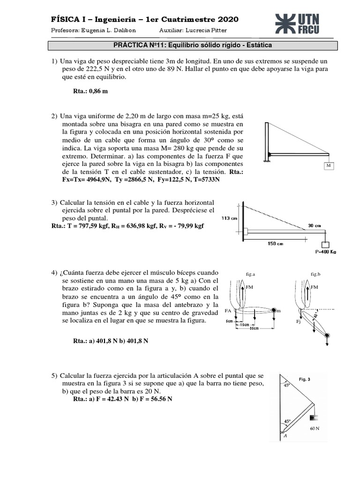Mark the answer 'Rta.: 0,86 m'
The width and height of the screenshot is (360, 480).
pos(90,91)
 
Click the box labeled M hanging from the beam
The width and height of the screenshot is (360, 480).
pos(328,166)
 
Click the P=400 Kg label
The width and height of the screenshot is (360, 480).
pos(323,252)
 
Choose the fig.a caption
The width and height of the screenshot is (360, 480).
pos(249,273)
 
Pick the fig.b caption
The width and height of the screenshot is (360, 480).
pos(315,273)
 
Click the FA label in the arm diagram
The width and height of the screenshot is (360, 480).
pos(228,310)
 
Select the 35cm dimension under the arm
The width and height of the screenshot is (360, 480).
pos(254,328)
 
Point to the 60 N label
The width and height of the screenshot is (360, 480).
pos(315,428)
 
